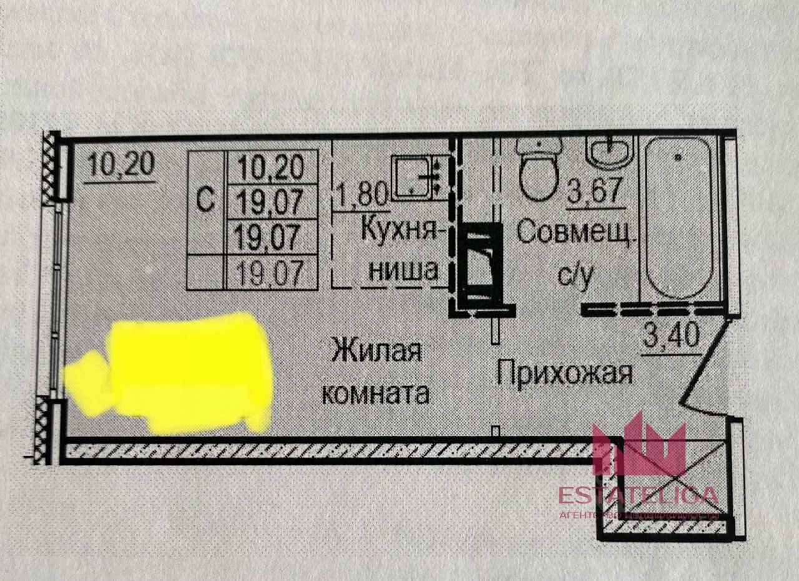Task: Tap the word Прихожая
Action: (x=565, y=374)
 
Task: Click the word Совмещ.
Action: (x=577, y=233)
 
